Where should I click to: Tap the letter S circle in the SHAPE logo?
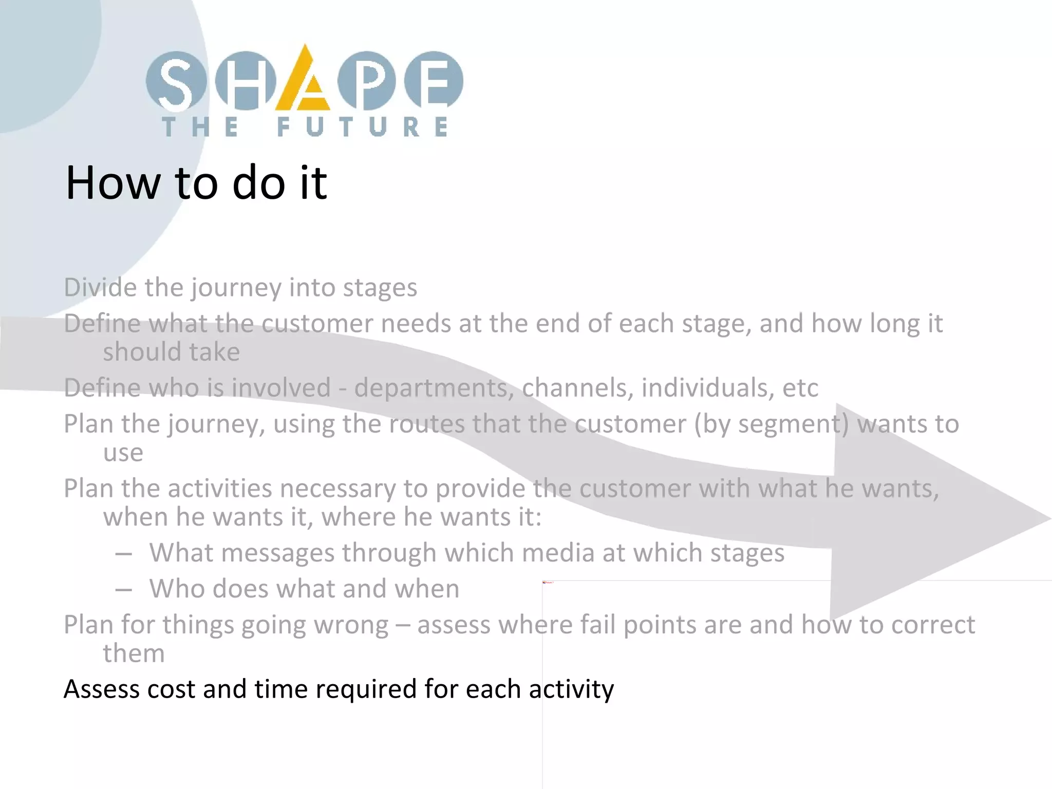click(x=176, y=81)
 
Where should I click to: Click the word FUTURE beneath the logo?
click(x=362, y=127)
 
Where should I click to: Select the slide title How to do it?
click(x=196, y=182)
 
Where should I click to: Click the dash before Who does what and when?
click(x=124, y=590)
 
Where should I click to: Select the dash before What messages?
click(x=124, y=554)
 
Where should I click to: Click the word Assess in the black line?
click(x=101, y=689)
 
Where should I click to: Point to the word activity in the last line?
click(x=571, y=689)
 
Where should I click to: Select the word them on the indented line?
click(x=134, y=653)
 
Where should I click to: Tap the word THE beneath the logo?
click(x=200, y=127)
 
